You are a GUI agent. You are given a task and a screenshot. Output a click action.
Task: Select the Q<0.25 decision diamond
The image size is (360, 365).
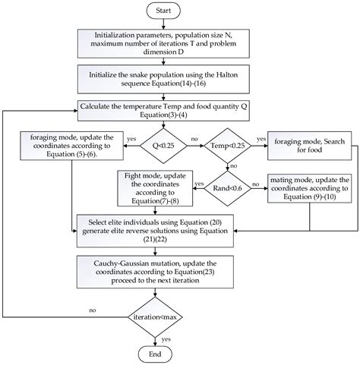(x=157, y=140)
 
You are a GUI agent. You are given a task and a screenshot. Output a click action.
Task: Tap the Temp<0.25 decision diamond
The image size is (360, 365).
(x=226, y=140)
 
